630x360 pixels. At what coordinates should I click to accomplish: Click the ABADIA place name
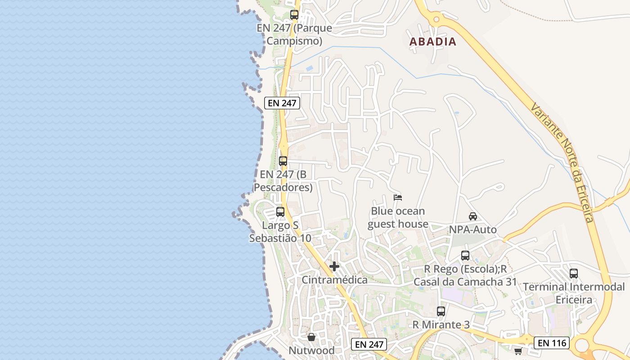(x=432, y=42)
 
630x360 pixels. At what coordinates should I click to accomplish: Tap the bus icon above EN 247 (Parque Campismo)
(x=294, y=14)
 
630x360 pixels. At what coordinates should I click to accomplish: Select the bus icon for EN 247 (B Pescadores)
(x=283, y=161)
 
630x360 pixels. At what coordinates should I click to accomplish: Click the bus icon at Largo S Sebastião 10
(x=280, y=211)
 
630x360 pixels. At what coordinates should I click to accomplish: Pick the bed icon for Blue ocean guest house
(x=398, y=197)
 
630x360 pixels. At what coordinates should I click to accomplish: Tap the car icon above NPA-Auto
(x=473, y=216)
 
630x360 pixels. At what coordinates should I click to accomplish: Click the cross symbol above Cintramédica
(x=334, y=266)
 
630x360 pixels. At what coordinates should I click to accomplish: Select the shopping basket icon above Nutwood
(x=311, y=337)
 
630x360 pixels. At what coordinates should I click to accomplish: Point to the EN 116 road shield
(x=552, y=343)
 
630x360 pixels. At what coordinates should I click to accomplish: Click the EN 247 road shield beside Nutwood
(x=369, y=345)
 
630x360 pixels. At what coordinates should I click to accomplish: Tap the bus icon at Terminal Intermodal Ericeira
(x=574, y=273)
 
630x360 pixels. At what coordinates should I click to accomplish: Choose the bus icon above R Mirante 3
(x=441, y=311)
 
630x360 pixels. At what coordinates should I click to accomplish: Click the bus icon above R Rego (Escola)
(x=465, y=256)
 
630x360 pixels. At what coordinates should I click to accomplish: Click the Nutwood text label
(x=311, y=351)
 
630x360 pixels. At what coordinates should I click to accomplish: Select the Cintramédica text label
(x=334, y=280)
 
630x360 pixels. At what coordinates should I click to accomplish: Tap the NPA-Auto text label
(x=473, y=230)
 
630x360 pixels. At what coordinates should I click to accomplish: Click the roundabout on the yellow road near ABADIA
(x=436, y=19)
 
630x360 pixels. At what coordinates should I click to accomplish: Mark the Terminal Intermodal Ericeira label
(x=574, y=293)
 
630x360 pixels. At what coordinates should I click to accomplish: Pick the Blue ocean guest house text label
(x=398, y=217)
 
